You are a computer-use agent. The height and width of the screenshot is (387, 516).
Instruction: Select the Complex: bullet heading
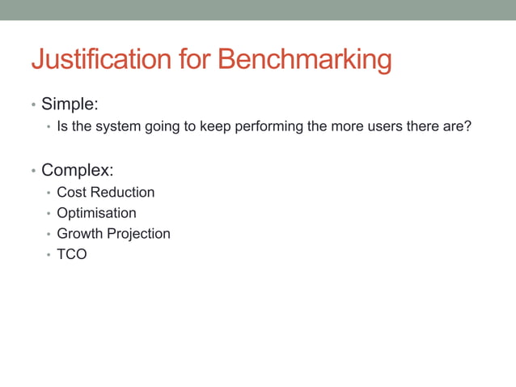(77, 170)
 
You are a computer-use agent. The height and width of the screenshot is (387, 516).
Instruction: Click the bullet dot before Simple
(33, 106)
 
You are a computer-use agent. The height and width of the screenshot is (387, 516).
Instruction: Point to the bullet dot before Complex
(33, 172)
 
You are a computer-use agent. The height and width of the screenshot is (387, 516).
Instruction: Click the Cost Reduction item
(105, 193)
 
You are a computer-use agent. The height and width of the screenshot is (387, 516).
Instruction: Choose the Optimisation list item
(96, 213)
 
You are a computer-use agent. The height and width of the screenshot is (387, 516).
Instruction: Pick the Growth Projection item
(113, 234)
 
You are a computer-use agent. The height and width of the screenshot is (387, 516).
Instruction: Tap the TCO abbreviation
(71, 254)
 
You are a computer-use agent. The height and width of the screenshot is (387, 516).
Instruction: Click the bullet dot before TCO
(49, 255)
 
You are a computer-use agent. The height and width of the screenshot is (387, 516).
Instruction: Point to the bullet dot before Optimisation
(49, 214)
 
